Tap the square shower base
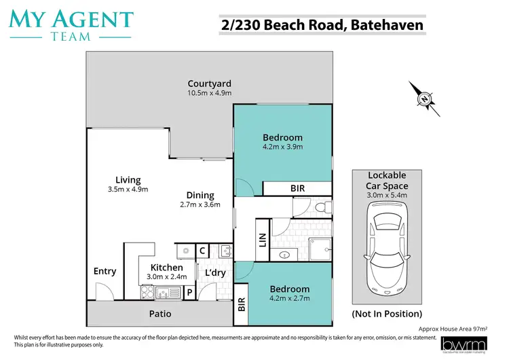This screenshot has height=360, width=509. click(320, 249)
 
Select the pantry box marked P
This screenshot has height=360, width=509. click(190, 293)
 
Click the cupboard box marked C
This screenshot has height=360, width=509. click(202, 251)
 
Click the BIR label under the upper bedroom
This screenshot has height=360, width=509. click(297, 188)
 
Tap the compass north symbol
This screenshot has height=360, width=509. click(424, 99)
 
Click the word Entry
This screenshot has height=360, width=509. click(105, 271)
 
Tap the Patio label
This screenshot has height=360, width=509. click(160, 314)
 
